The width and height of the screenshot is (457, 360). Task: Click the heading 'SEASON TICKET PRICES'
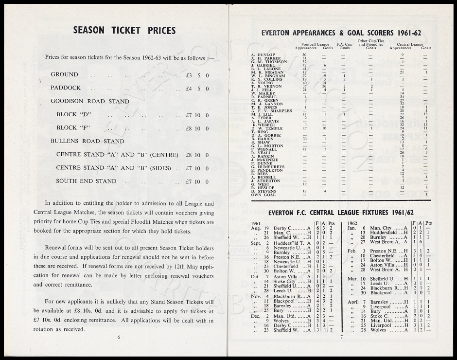pos(124,31)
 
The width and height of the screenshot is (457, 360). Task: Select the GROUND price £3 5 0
pos(197,75)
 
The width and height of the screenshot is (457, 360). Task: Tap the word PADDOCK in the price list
pos(66,88)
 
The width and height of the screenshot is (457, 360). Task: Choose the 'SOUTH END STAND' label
pos(86,181)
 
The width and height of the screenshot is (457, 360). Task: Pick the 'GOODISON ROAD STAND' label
pos(90,101)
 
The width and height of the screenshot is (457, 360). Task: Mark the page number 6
pos(118,337)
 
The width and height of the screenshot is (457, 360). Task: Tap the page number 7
pos(341,337)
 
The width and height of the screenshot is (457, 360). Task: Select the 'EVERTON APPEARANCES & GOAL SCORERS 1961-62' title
pos(341,33)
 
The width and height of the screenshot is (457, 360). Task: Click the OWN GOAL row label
pos(263,195)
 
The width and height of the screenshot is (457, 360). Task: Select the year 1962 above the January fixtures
pos(353,223)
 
